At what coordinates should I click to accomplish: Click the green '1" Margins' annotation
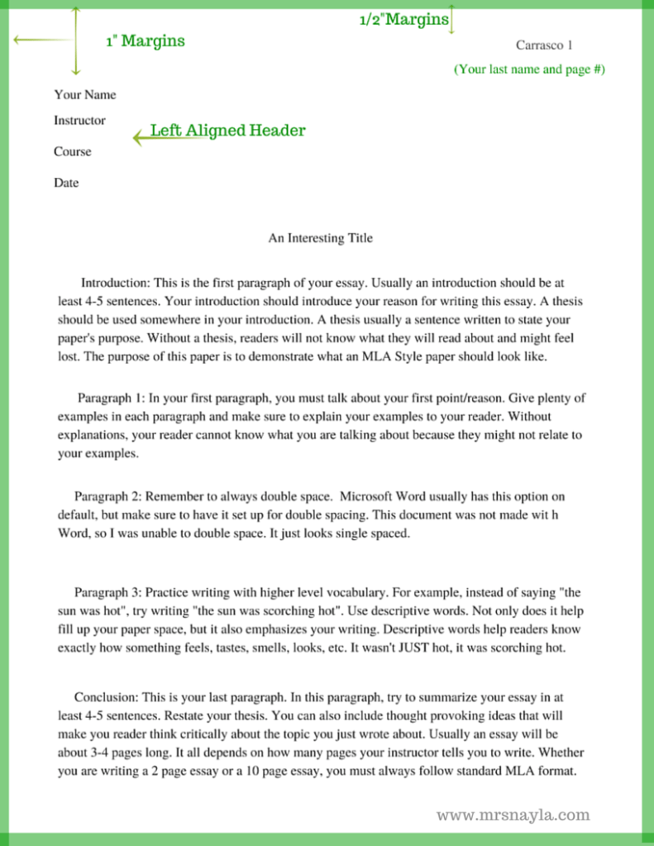pyautogui.click(x=145, y=41)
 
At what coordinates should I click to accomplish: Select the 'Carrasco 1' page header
pyautogui.click(x=543, y=45)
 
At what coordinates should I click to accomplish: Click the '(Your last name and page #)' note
pyautogui.click(x=529, y=69)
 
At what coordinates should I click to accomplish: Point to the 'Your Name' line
pyautogui.click(x=85, y=94)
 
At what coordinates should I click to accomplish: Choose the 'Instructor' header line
pyautogui.click(x=79, y=120)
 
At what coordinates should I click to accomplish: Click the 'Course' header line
pyautogui.click(x=73, y=151)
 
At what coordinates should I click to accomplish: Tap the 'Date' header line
pyautogui.click(x=66, y=183)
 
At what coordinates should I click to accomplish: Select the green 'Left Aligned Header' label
pyautogui.click(x=227, y=131)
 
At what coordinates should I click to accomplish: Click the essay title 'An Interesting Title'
pyautogui.click(x=320, y=238)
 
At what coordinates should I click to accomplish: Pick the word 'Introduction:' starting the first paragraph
pyautogui.click(x=113, y=283)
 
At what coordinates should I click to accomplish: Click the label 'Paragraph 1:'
pyautogui.click(x=111, y=398)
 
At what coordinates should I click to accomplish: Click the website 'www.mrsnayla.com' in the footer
pyautogui.click(x=513, y=815)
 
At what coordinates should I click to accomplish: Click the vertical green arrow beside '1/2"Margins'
pyautogui.click(x=452, y=18)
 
